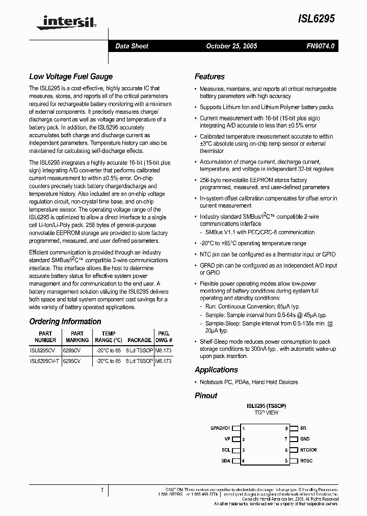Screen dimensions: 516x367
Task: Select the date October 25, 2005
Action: tap(231, 46)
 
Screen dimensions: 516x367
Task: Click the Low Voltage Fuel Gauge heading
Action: tap(71, 77)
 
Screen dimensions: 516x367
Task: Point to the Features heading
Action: tap(209, 77)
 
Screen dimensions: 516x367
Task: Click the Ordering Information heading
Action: tap(65, 322)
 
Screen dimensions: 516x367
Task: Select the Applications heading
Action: tap(216, 370)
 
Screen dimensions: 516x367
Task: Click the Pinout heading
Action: tap(206, 395)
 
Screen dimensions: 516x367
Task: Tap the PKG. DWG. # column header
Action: tap(164, 337)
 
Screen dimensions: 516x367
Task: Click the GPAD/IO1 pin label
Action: tap(220, 428)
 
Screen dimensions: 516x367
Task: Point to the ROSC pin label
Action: tap(306, 461)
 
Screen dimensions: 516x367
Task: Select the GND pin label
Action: tap(305, 439)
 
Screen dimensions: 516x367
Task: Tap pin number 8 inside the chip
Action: tap(286, 428)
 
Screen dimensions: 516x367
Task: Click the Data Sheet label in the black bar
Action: tap(132, 46)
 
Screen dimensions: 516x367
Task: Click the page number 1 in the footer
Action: tap(102, 491)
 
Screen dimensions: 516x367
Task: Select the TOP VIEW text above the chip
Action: tap(266, 412)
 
